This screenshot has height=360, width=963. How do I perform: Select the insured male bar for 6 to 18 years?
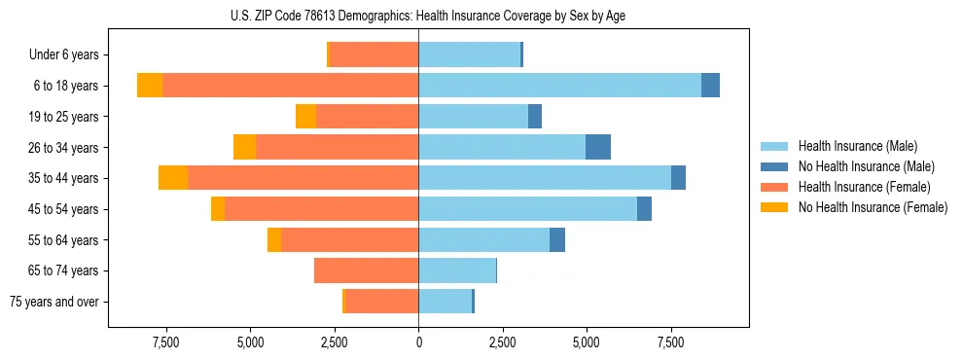[559, 85]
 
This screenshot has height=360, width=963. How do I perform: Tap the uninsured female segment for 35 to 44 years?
[173, 178]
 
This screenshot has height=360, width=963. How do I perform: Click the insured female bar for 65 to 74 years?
[366, 270]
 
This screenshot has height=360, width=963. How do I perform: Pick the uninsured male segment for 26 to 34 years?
[598, 147]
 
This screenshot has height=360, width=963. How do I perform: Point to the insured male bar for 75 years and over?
[445, 302]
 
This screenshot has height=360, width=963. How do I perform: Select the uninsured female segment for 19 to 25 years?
[305, 116]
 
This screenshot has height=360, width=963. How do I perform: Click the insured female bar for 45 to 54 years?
[321, 209]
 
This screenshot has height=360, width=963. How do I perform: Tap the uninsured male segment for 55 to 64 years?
[557, 239]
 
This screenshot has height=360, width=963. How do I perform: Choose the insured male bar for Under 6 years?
[469, 54]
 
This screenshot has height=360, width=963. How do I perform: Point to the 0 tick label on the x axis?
[418, 342]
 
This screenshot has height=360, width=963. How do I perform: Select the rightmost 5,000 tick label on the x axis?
[587, 342]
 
